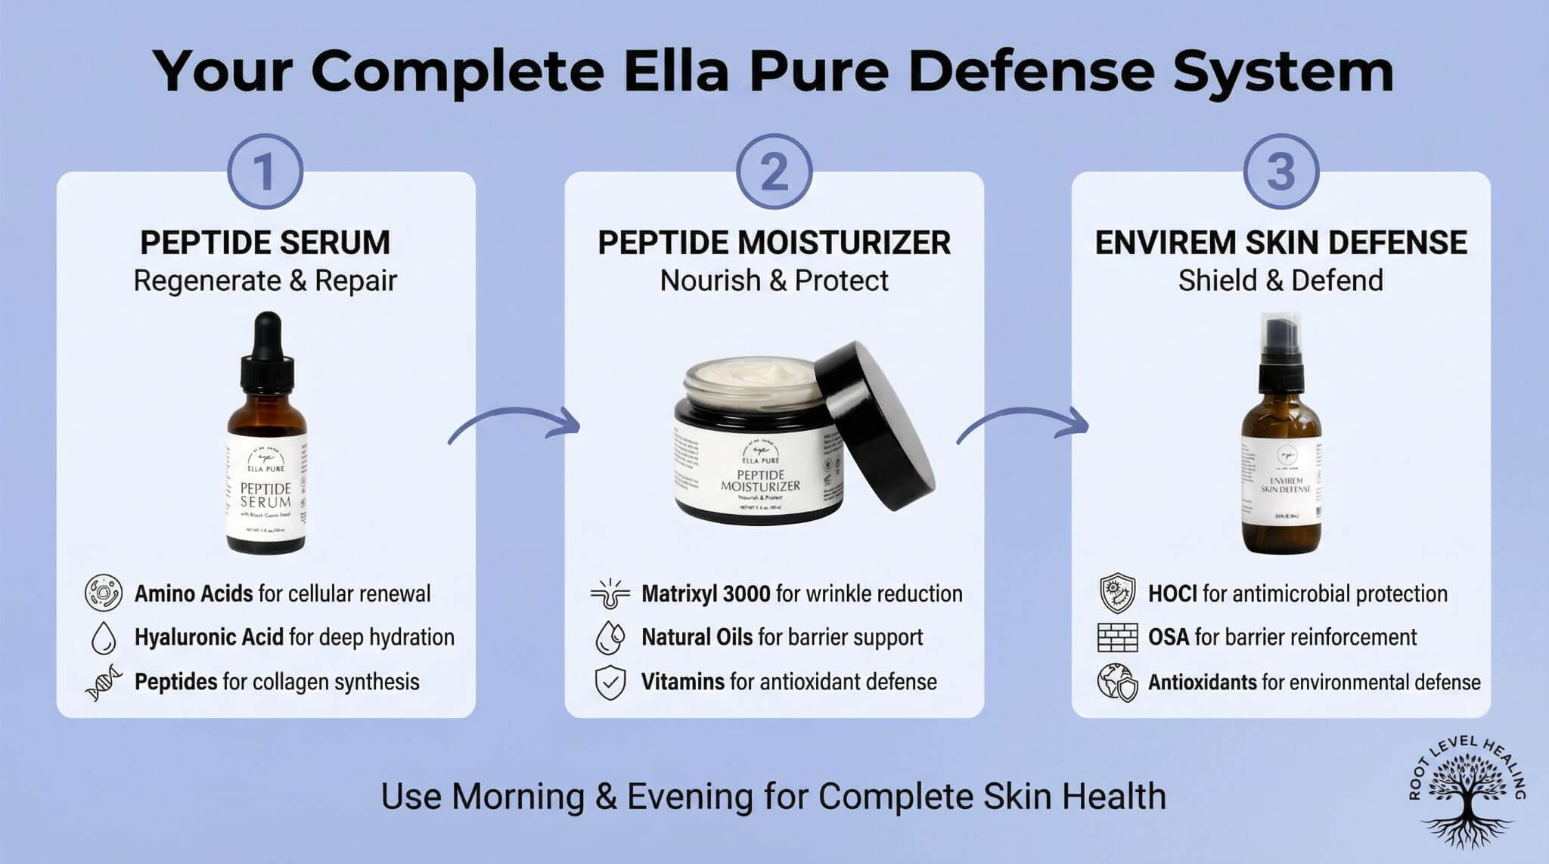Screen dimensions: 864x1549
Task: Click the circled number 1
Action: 265,172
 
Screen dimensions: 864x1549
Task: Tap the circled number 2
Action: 774,172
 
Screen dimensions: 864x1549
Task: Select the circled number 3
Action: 1280,172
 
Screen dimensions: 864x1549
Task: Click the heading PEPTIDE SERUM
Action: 265,243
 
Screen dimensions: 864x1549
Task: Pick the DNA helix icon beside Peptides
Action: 103,683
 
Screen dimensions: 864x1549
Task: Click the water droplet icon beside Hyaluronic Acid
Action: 103,638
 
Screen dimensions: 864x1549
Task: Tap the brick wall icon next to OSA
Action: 1117,637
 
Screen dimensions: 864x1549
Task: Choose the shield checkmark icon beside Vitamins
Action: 610,683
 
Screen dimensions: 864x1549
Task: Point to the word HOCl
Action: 1172,594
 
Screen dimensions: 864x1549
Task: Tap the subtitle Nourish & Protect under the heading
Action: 774,280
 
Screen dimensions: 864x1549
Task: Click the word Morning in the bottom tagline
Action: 518,797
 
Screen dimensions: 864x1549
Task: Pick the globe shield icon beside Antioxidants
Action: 1117,683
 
